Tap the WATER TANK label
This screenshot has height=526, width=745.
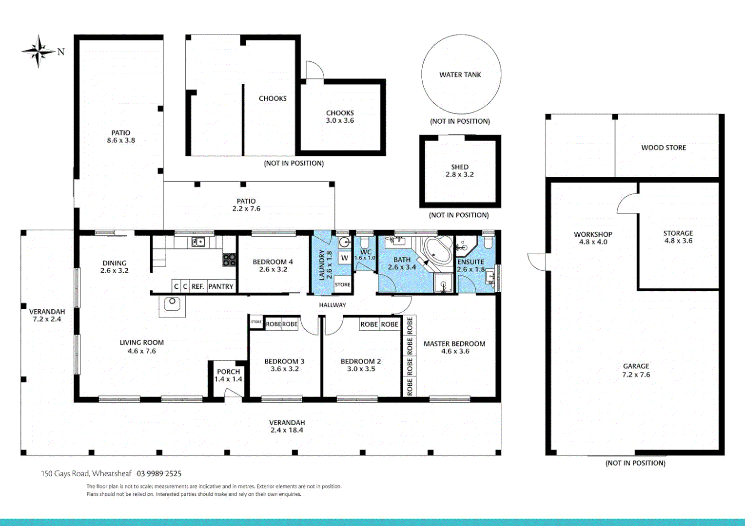(460, 75)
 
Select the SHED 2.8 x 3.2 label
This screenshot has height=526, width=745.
(460, 170)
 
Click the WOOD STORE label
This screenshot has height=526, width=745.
(664, 148)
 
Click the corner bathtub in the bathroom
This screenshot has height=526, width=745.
(437, 251)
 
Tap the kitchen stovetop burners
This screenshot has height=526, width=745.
(229, 260)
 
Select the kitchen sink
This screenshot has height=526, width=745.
(198, 242)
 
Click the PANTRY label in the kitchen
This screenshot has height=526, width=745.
(220, 286)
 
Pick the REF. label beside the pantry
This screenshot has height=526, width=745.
(197, 286)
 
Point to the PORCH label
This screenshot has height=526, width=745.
(228, 372)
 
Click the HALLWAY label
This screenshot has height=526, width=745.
(332, 305)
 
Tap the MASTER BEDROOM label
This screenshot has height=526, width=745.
(454, 344)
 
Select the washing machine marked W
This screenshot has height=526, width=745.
(345, 258)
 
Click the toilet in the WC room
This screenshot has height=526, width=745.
(365, 242)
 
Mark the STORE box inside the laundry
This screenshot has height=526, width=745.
(343, 285)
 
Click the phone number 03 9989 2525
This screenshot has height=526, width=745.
(159, 473)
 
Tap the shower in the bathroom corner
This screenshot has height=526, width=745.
(443, 283)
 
